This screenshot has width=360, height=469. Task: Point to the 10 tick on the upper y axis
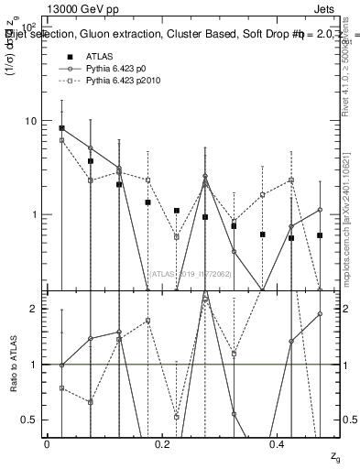32,121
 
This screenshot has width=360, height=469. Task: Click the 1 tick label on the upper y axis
35,214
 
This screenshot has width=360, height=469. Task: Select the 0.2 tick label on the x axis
163,443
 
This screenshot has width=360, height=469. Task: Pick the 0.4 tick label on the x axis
278,443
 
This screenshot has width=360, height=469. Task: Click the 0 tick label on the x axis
47,443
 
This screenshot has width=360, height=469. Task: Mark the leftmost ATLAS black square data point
61,128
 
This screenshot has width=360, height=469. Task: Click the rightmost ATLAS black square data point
320,235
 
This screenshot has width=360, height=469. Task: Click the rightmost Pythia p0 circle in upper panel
320,210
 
